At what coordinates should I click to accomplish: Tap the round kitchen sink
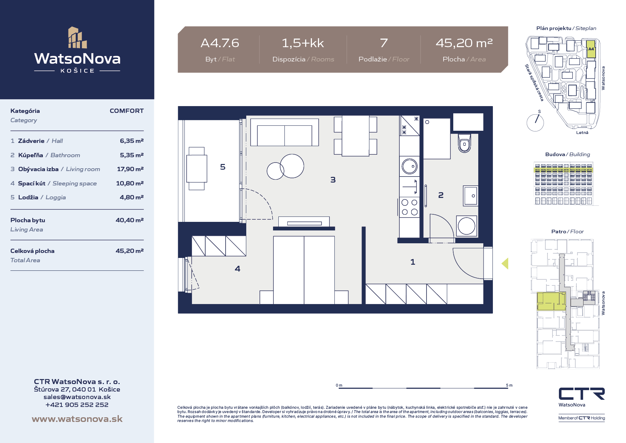[x=409, y=166]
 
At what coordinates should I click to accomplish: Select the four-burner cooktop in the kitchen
[x=409, y=207]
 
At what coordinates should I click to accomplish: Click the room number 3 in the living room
[x=333, y=180]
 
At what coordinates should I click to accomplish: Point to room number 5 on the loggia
[x=223, y=167]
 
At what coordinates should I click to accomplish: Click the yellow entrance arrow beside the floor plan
[x=505, y=264]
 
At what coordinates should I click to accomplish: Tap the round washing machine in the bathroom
[x=466, y=226]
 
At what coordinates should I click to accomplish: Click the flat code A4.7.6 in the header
[x=220, y=43]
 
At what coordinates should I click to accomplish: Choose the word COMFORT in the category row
[x=127, y=111]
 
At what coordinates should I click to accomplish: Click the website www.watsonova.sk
[x=77, y=419]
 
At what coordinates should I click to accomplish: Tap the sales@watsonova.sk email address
[x=77, y=397]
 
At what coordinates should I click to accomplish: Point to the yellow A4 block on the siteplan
[x=591, y=49]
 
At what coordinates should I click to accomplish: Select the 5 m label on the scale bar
[x=509, y=385]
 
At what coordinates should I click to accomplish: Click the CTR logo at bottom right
[x=582, y=394]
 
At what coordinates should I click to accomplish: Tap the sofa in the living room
[x=284, y=133]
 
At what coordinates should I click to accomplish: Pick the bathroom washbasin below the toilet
[x=471, y=196]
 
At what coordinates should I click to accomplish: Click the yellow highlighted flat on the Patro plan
[x=551, y=301]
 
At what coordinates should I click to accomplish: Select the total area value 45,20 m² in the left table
[x=130, y=251]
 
